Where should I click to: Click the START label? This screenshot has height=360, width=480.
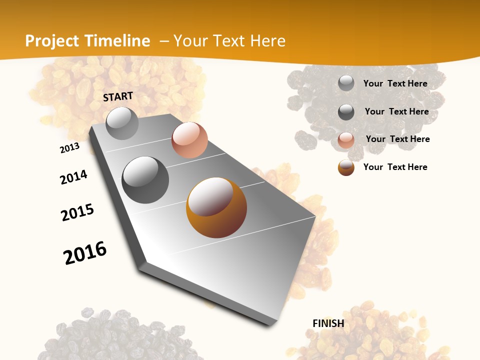tap(118, 96)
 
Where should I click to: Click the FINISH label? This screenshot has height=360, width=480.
tap(328, 323)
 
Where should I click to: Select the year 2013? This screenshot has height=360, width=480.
tap(69, 148)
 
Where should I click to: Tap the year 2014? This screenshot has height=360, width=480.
tap(73, 177)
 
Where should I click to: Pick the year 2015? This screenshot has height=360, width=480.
tap(77, 212)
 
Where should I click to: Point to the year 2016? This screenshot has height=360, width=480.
tap(85, 253)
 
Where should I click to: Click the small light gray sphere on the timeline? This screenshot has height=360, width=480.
tap(122, 123)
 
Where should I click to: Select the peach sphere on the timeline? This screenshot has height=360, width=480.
tap(189, 140)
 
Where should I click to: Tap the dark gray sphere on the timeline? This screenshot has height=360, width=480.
tap(145, 179)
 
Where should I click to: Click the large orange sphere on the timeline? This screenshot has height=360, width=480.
tap(216, 207)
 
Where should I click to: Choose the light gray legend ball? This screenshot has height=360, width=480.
tap(346, 83)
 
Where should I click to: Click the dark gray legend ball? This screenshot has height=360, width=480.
tap(346, 112)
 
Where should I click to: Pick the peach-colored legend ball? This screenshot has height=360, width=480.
tap(346, 140)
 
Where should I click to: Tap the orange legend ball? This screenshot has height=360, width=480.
tap(346, 167)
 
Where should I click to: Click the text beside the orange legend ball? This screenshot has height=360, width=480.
tap(395, 167)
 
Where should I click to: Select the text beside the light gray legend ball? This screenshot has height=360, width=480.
tap(395, 83)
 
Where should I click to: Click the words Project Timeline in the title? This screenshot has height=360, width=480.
tap(87, 41)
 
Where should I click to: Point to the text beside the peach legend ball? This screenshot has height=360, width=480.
tap(397, 139)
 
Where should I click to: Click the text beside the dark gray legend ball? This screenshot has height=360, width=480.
tap(396, 111)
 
